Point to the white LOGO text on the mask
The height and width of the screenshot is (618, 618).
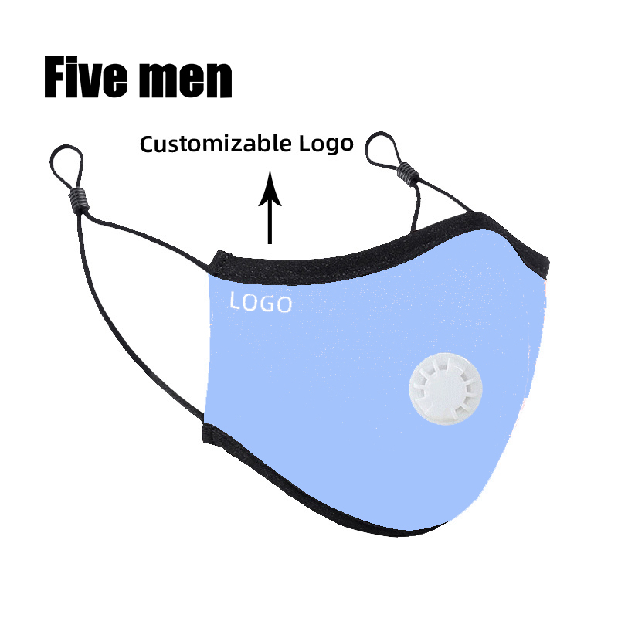coord(261,303)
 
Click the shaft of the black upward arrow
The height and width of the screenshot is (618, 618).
coord(270,220)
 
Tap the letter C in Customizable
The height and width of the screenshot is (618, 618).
coord(148,144)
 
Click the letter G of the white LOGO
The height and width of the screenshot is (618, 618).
coord(268,304)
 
